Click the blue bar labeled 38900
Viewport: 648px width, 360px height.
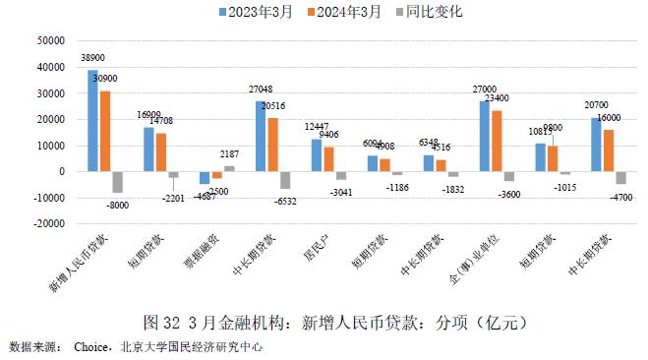point(92,121)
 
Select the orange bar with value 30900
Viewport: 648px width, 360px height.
point(104,131)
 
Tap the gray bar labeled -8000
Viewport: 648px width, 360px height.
point(117,182)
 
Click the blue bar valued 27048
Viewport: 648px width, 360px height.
point(260,137)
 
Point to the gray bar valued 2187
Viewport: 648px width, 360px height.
point(228,168)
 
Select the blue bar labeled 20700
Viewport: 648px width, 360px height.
point(596,145)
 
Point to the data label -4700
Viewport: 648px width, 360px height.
point(621,195)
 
